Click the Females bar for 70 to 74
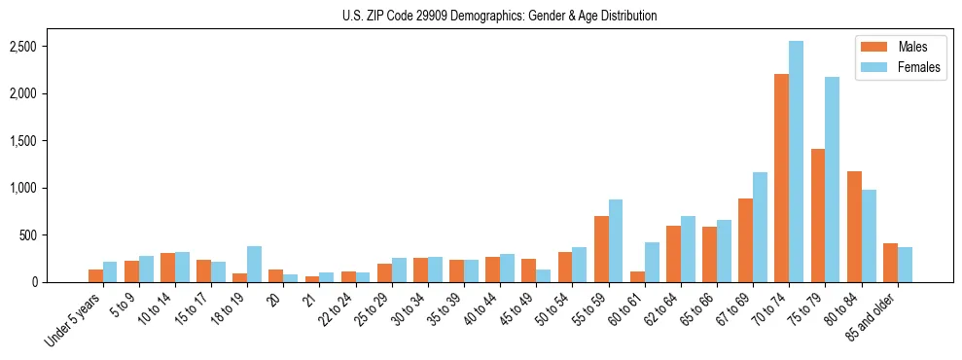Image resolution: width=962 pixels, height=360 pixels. (x=797, y=162)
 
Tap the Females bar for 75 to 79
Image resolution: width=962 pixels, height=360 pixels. (x=833, y=180)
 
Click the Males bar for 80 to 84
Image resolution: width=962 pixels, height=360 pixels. (x=854, y=227)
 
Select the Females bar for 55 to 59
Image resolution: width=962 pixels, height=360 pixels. (x=616, y=241)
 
